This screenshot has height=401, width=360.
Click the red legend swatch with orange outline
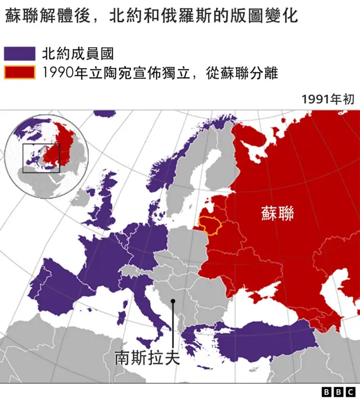19,73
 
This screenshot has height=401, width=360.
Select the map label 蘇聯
277,213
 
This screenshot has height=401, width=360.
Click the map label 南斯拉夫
147,358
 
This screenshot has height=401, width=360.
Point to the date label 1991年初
328,100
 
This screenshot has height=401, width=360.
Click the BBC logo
338,391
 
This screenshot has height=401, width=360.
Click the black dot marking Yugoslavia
173,301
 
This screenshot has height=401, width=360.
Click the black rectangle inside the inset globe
40,158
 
